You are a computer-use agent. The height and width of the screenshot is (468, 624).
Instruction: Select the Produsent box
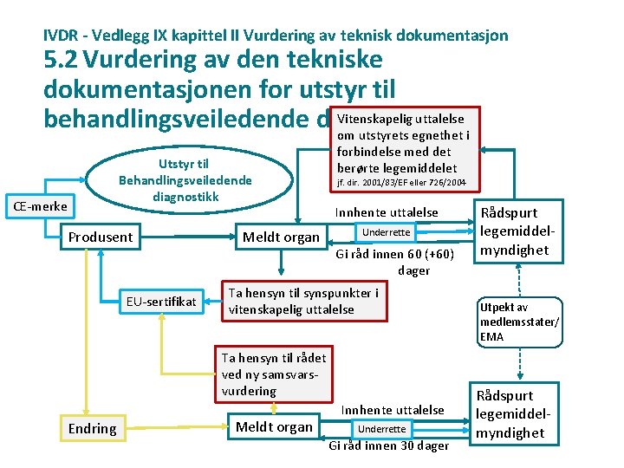101,237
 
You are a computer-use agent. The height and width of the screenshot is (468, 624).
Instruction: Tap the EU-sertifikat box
162,302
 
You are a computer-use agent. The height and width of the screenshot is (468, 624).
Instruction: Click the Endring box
92,428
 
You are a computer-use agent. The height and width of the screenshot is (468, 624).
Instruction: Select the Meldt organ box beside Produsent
281,237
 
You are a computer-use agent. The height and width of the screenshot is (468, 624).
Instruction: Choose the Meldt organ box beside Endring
274,426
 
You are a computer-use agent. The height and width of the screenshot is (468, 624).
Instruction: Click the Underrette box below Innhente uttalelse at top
386,232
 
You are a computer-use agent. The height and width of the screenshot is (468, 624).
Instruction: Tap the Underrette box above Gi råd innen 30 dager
381,428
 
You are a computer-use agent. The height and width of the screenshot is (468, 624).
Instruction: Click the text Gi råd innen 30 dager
388,445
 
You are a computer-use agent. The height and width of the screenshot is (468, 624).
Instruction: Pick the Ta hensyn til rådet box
274,374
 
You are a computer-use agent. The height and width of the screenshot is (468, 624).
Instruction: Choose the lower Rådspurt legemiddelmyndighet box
511,414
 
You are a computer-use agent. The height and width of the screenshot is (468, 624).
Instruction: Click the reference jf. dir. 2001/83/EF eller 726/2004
402,184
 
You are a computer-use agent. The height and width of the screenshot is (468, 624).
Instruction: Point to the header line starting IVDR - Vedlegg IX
276,36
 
